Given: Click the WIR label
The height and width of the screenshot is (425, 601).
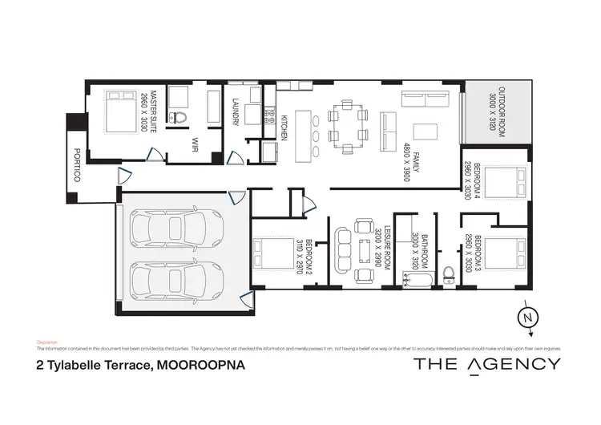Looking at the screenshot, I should (x=195, y=144).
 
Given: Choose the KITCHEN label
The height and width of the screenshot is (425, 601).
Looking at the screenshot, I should (x=284, y=128).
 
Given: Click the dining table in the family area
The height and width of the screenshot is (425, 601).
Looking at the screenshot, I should (x=346, y=128).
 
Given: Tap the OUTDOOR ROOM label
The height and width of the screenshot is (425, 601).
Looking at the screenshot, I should (x=498, y=112).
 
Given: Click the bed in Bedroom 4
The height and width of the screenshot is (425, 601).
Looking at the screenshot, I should (x=506, y=184).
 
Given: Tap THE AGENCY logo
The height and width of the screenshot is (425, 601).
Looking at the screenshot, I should (x=486, y=364).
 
